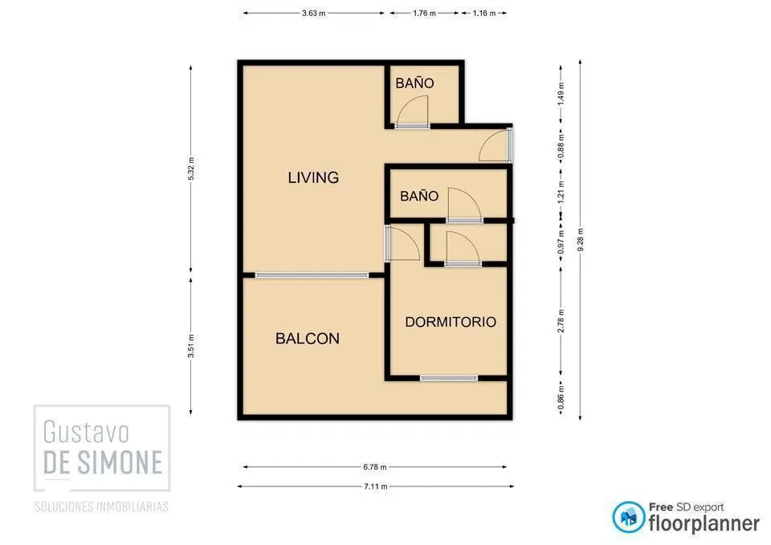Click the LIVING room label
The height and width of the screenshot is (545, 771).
point(313,177)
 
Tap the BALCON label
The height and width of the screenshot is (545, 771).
point(308,339)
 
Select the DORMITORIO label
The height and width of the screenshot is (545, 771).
point(451,322)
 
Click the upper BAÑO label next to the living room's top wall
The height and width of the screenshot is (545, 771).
point(414,83)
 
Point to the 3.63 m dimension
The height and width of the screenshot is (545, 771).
point(314,14)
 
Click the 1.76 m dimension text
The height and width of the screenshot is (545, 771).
point(424,14)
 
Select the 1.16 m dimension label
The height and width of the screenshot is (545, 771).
point(484,14)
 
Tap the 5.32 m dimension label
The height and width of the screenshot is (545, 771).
point(191,169)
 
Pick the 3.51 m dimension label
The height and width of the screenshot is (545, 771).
point(191,346)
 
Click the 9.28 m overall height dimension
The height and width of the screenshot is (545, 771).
point(581,240)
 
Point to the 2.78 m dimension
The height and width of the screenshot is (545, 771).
point(561,321)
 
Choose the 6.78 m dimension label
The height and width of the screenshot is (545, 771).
point(375,467)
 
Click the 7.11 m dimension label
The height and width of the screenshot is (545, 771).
point(375,486)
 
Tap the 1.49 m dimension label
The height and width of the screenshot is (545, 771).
point(561,93)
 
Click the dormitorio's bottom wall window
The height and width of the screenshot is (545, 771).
point(449,378)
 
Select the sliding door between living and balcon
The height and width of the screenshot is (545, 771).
point(312,275)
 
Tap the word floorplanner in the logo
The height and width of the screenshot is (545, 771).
point(704,524)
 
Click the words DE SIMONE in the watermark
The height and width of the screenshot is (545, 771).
point(103,462)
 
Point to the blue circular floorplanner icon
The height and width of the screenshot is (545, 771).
point(628,518)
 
